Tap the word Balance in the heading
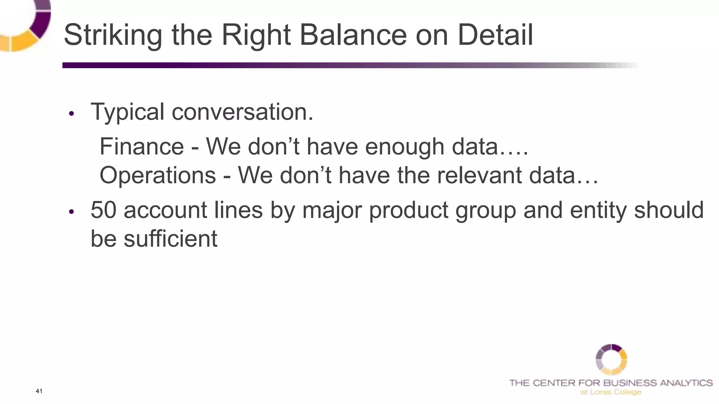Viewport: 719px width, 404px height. point(353,35)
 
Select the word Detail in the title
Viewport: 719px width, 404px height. point(495,35)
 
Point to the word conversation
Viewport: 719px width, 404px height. point(242,112)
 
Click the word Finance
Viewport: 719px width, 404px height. point(142,146)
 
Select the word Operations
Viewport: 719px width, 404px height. point(158,175)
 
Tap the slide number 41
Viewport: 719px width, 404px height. point(39,391)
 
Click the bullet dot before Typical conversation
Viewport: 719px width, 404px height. point(72,114)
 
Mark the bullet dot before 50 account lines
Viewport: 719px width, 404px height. point(72,212)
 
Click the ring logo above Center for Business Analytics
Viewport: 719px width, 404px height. point(611,359)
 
